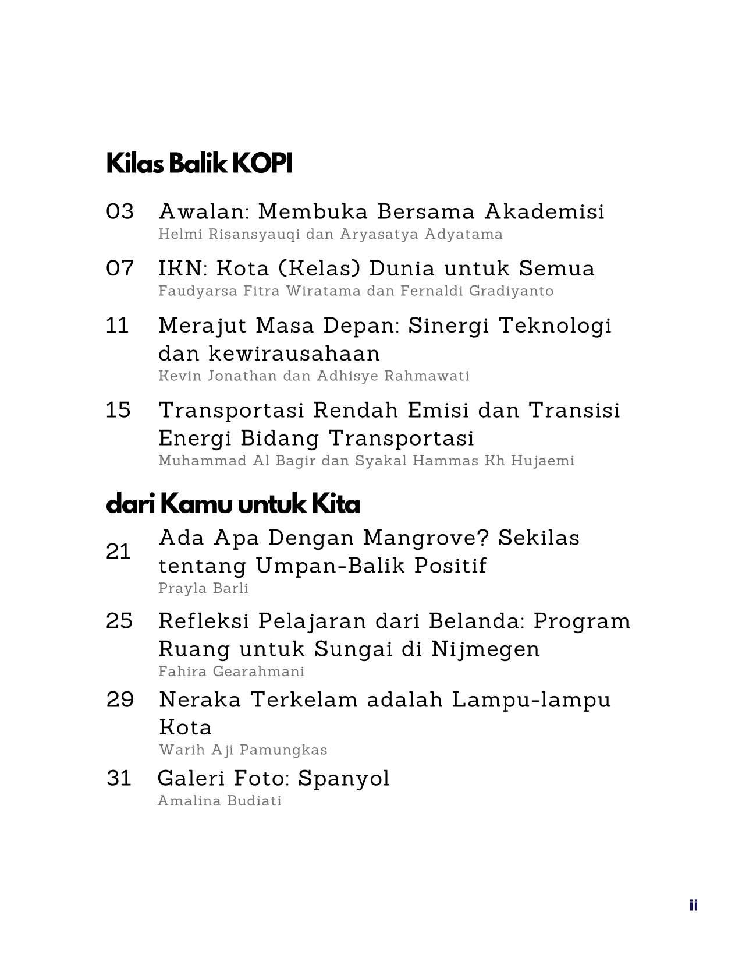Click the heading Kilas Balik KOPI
(199, 164)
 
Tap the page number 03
(120, 211)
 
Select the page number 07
(120, 268)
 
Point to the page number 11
(118, 325)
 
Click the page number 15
(119, 410)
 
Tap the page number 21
(119, 552)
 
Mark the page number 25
(120, 621)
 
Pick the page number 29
(120, 699)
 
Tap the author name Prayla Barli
(203, 588)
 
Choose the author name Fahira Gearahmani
(231, 672)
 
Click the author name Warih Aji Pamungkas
(243, 750)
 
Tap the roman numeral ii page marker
(693, 905)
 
